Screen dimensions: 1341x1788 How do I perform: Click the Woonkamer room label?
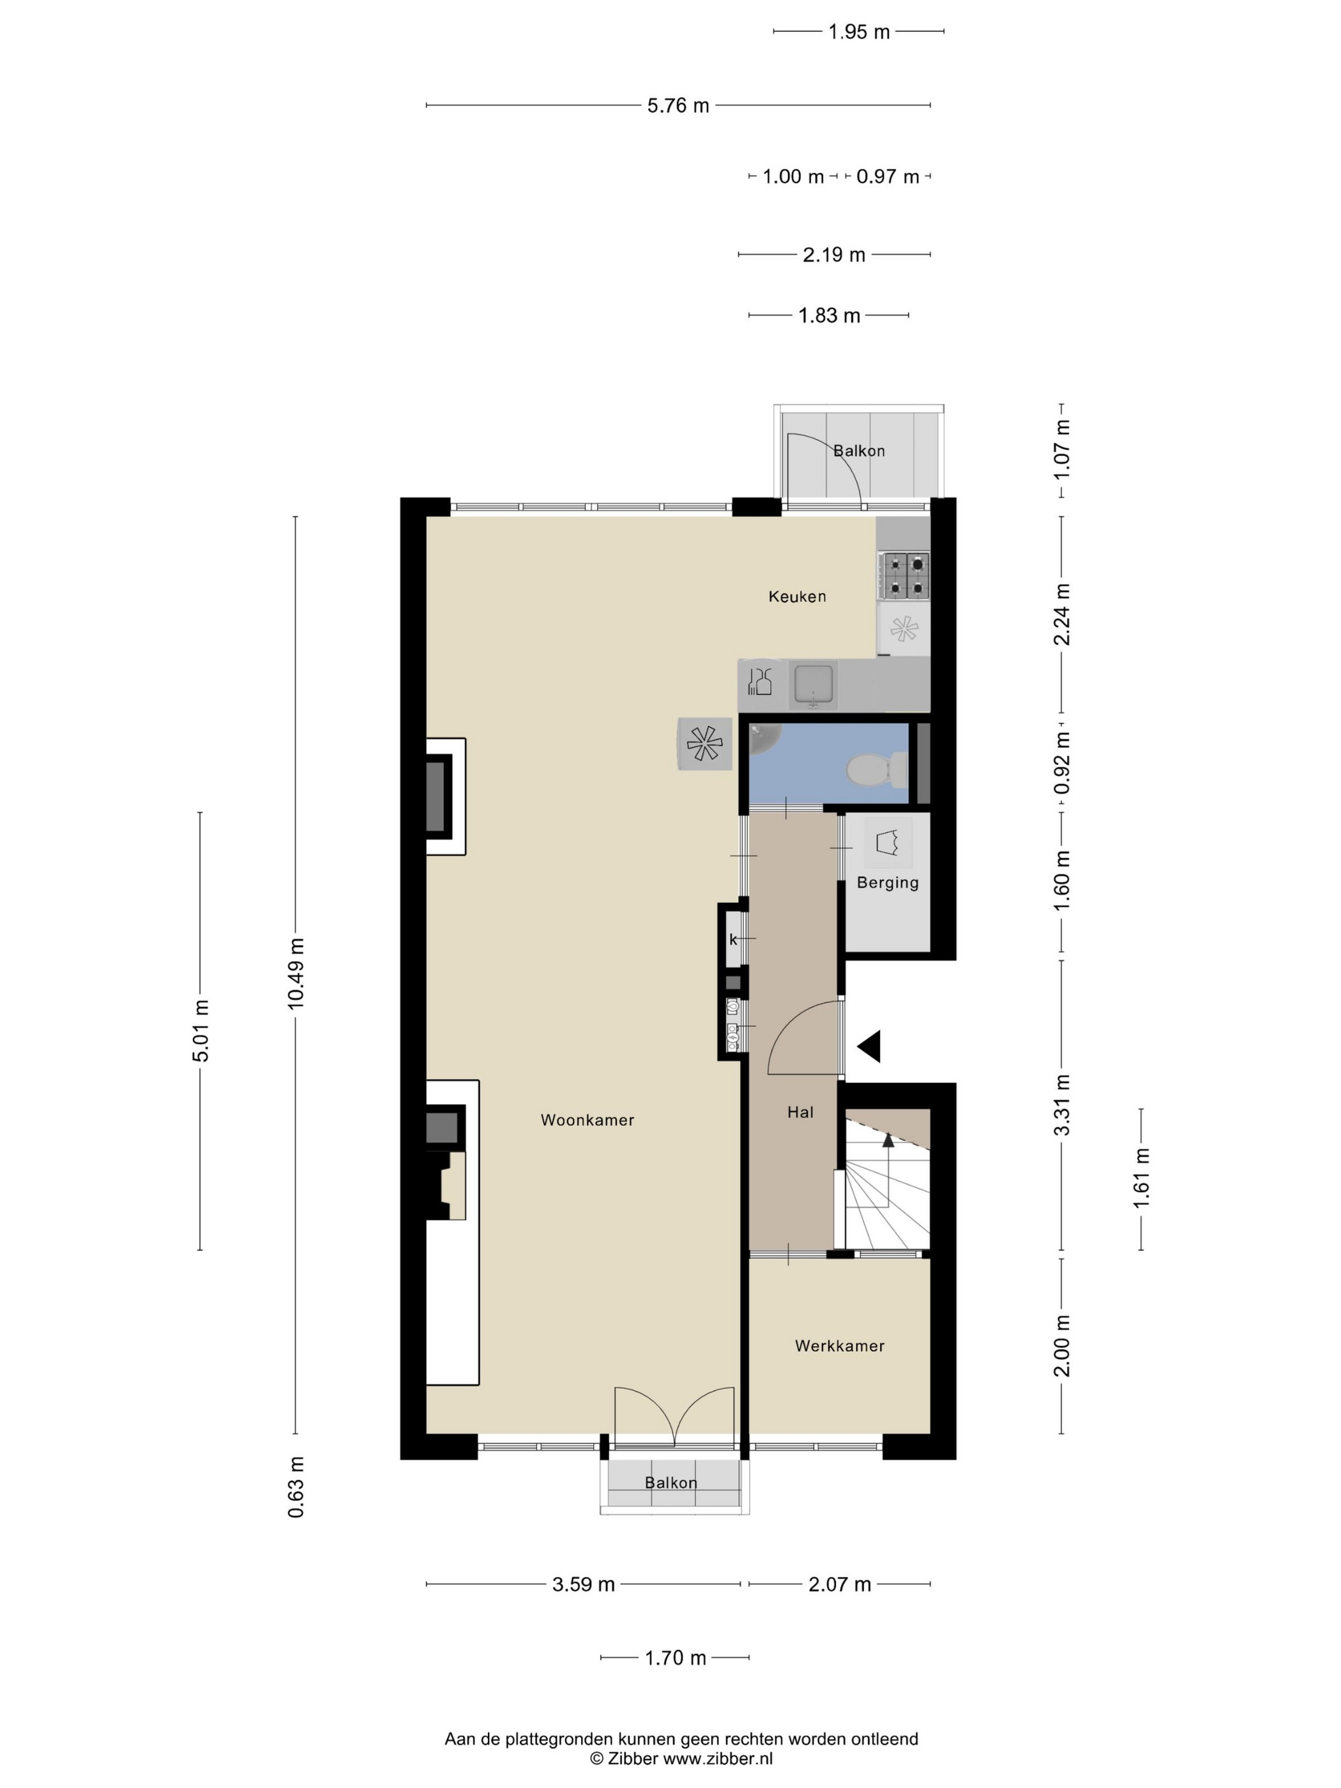(x=587, y=1119)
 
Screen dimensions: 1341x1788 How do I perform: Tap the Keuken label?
(x=797, y=596)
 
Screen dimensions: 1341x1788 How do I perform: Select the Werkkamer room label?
(x=839, y=1346)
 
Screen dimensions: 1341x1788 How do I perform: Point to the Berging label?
(x=888, y=883)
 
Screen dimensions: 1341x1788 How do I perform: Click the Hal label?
(x=800, y=1112)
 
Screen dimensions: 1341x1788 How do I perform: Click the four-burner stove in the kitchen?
(x=905, y=575)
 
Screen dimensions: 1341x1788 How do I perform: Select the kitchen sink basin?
(x=815, y=685)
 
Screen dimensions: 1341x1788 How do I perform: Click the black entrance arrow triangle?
(x=869, y=1046)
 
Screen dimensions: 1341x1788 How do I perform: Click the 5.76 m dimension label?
(x=678, y=106)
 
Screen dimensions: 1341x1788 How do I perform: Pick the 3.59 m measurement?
(x=584, y=1584)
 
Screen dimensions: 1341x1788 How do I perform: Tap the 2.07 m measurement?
(x=840, y=1584)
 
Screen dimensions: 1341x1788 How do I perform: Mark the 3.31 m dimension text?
(x=1061, y=1105)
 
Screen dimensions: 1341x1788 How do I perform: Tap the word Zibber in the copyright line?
(x=633, y=1759)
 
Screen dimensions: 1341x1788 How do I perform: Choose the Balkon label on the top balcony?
(x=860, y=451)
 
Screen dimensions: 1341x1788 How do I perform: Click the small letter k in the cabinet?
(x=733, y=939)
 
